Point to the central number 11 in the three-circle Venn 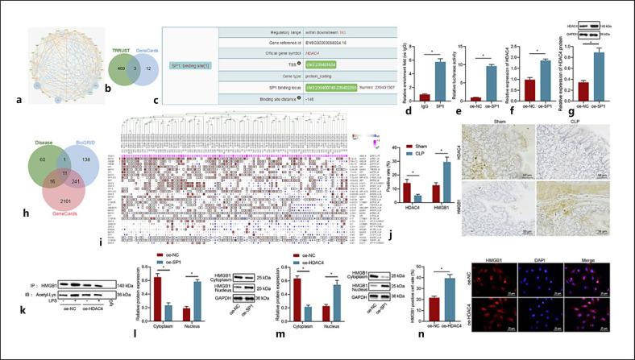pyautogui.click(x=64, y=173)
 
